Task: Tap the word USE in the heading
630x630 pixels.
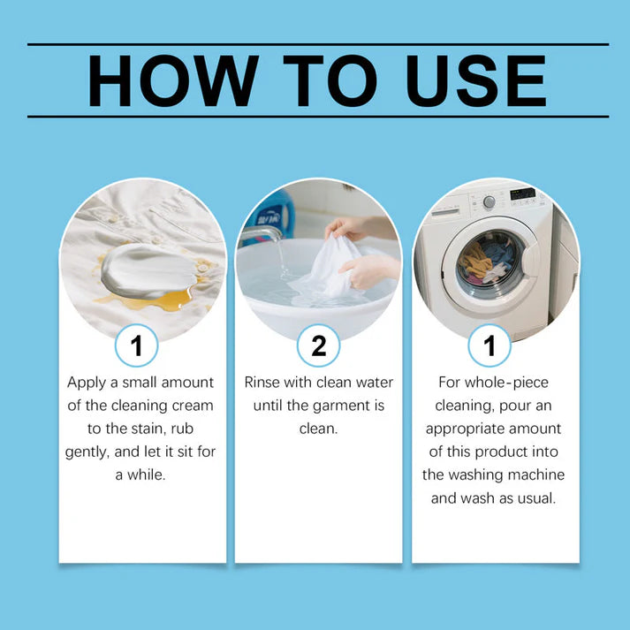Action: (x=476, y=80)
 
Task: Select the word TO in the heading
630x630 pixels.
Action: (x=330, y=80)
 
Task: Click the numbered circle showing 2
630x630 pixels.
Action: (x=319, y=345)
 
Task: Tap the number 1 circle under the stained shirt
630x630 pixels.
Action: (x=137, y=345)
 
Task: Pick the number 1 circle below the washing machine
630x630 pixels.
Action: (x=490, y=345)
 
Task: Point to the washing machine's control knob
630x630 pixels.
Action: (x=489, y=201)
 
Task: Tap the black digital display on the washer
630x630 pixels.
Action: (x=523, y=194)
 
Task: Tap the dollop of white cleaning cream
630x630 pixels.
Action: (x=148, y=270)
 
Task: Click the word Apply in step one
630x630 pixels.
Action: (x=87, y=383)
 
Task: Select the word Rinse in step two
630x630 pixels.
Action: (x=262, y=382)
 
